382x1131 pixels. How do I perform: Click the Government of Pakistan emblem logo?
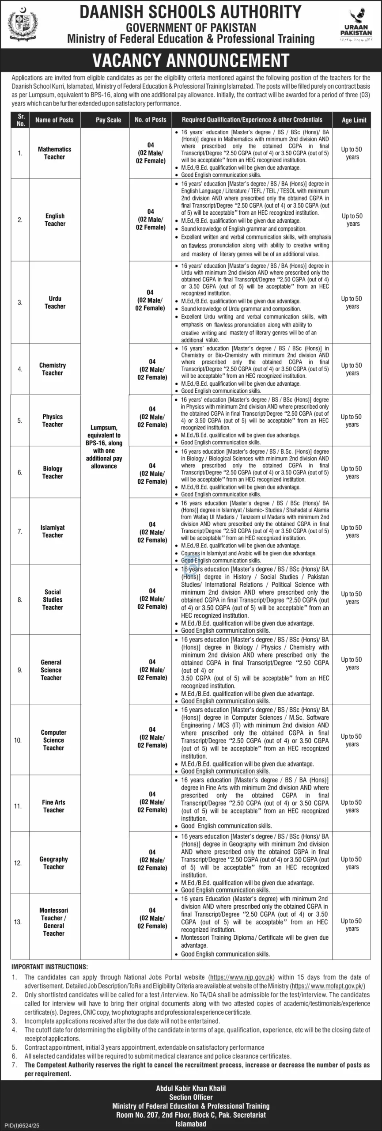(x=20, y=23)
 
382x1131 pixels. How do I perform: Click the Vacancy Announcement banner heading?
(x=191, y=60)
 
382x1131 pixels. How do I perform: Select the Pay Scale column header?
(x=108, y=120)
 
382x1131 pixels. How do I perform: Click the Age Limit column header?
(x=354, y=120)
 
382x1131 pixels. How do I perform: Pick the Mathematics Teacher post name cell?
(x=54, y=153)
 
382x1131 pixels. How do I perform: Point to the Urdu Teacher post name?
(x=55, y=302)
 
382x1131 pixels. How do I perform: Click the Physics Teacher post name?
(x=53, y=421)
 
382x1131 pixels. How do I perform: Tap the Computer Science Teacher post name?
(x=53, y=740)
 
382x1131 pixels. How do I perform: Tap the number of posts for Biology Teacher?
(x=152, y=473)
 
